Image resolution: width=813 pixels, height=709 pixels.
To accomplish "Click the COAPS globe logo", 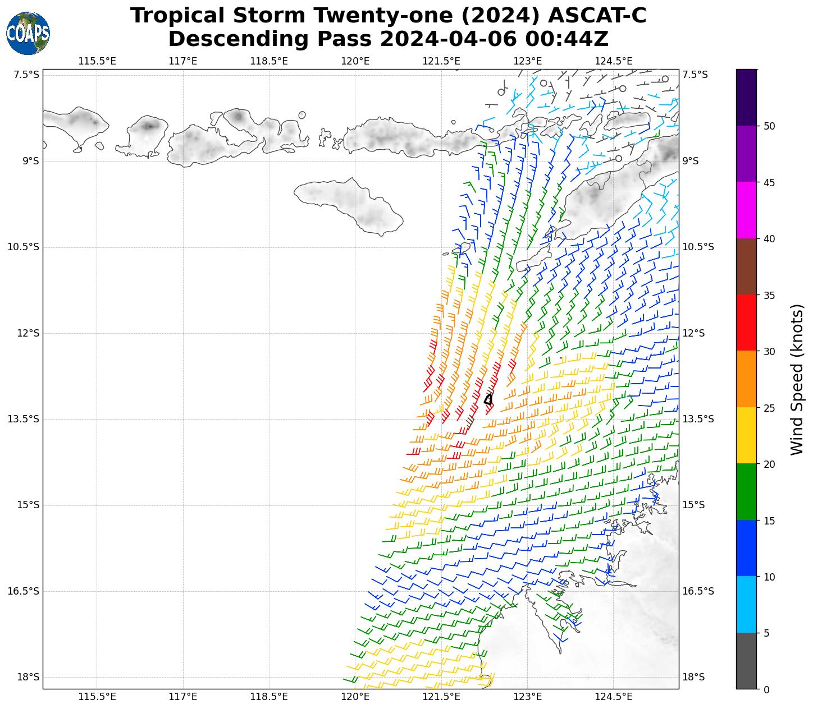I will [x=28, y=33].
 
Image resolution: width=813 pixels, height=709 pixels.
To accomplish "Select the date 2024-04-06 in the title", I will [x=448, y=39].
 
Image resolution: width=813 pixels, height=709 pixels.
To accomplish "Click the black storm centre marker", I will [x=488, y=399].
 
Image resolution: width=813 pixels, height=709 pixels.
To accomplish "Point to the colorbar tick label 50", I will [x=769, y=126].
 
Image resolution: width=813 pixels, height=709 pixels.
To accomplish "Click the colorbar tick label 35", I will [x=769, y=295].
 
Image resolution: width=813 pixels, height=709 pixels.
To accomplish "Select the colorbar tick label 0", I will [x=766, y=689].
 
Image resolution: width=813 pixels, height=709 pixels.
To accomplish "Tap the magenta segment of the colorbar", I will [x=746, y=210].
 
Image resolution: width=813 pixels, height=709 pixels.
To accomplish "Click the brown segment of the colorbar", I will [x=746, y=266].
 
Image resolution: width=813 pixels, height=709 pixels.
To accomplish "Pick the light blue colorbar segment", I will [x=746, y=605].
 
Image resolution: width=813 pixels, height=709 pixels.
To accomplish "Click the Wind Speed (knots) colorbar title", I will [x=797, y=379].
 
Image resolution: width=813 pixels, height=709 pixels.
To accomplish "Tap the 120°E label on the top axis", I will [x=355, y=61].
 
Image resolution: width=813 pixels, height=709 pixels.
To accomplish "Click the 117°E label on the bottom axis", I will [x=183, y=697].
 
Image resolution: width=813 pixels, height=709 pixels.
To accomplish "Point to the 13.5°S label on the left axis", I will [x=24, y=419].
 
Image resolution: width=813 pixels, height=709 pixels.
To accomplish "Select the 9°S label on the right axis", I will [x=691, y=161].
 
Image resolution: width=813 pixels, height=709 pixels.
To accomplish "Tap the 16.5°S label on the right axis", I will [x=698, y=591].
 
